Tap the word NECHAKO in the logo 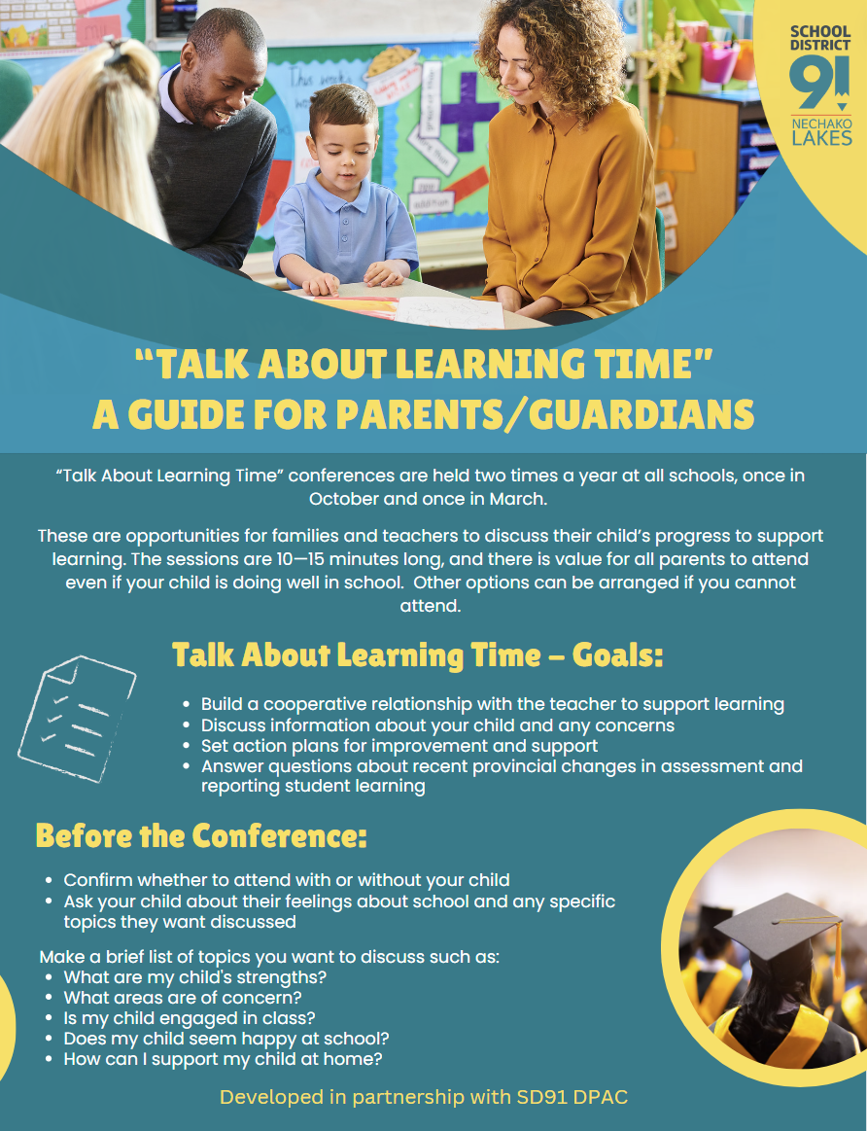click(821, 124)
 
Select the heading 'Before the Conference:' click(201, 835)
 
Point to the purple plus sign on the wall click(469, 107)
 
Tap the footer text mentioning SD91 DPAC click(424, 1097)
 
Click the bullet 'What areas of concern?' click(183, 997)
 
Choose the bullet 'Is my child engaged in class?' click(190, 1017)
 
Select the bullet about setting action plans click(399, 746)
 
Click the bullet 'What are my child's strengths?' click(194, 976)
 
